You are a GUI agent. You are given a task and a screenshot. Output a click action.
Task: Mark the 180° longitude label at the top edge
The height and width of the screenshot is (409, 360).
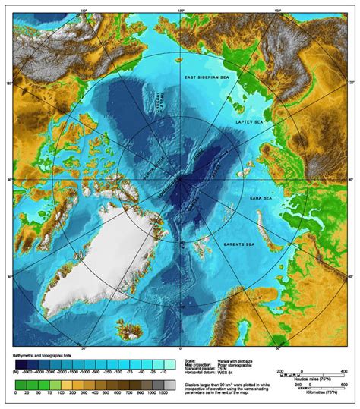click(x=180, y=10)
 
